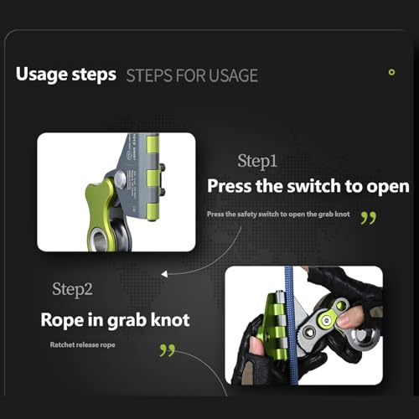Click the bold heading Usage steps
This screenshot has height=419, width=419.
pyautogui.click(x=66, y=75)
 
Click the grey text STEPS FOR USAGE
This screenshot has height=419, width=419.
pyautogui.click(x=192, y=75)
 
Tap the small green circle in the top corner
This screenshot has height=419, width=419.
pyautogui.click(x=391, y=72)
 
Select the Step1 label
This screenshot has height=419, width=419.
pyautogui.click(x=257, y=162)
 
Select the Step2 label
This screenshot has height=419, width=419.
pyautogui.click(x=72, y=290)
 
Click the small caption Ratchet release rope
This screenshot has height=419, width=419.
pyautogui.click(x=82, y=345)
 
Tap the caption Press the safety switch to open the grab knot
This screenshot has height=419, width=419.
pyautogui.click(x=278, y=215)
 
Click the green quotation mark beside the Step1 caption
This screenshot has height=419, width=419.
pyautogui.click(x=369, y=218)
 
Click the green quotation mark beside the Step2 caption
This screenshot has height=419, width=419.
pyautogui.click(x=168, y=350)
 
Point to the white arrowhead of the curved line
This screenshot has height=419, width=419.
pyautogui.click(x=164, y=274)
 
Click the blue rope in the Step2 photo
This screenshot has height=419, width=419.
pyautogui.click(x=291, y=325)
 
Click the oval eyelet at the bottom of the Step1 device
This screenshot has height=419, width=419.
pyautogui.click(x=99, y=240)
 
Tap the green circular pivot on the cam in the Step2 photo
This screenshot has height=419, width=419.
pyautogui.click(x=325, y=320)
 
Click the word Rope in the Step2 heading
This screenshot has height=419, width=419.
pyautogui.click(x=62, y=320)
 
